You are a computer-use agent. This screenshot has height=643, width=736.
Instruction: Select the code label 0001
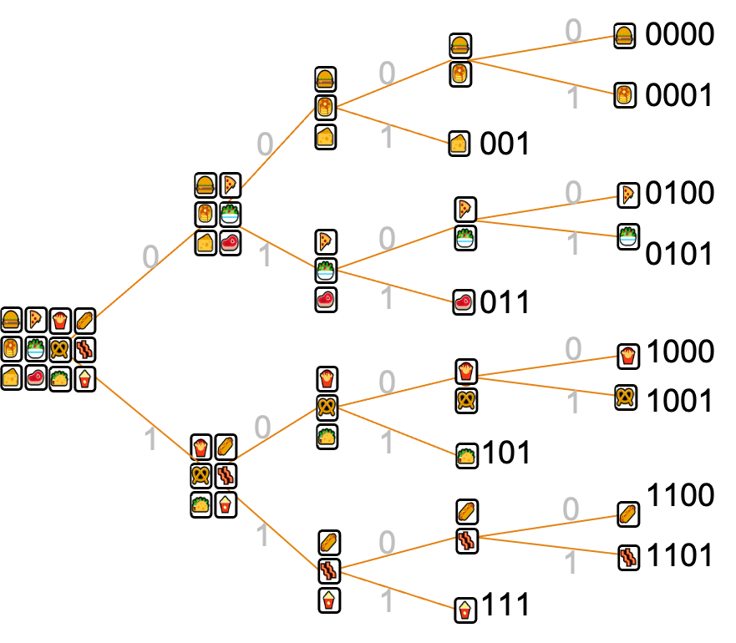click(678, 95)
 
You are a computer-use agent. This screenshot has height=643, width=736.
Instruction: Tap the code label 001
click(505, 143)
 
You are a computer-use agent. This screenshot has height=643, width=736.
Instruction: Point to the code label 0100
click(680, 192)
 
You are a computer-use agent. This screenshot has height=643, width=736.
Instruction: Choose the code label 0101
click(678, 254)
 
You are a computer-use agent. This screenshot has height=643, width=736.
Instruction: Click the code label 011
click(505, 301)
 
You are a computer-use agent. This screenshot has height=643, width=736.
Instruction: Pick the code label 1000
click(681, 351)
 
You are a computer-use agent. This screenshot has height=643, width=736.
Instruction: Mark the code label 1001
click(680, 400)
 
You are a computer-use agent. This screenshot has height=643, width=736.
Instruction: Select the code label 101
click(506, 453)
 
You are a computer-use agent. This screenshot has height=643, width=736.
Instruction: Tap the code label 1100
click(681, 494)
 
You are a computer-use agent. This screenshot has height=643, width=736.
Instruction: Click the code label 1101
click(680, 555)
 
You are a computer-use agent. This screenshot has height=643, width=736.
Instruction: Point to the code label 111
click(506, 604)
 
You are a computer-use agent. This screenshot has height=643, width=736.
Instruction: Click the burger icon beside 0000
click(625, 36)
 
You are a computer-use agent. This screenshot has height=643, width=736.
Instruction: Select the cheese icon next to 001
click(459, 143)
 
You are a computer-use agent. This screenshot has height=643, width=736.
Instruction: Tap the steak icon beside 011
click(464, 301)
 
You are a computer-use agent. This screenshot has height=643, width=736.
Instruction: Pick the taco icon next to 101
click(467, 456)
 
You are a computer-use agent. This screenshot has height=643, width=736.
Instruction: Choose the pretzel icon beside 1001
click(626, 397)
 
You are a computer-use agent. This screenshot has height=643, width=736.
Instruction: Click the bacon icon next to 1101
click(629, 558)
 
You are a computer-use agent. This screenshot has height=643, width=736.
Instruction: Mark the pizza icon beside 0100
click(628, 195)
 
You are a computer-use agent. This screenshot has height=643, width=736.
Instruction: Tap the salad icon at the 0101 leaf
click(628, 236)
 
